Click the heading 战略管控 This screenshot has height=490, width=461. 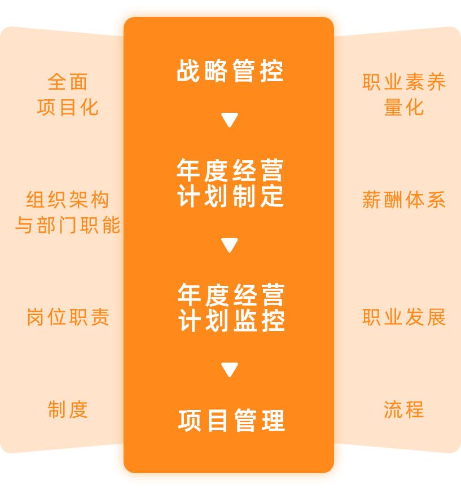[230, 71]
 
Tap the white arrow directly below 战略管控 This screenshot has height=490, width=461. [229, 120]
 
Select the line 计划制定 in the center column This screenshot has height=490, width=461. [230, 196]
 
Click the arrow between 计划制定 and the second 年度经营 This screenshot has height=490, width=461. [229, 245]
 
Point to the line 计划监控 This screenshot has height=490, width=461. [231, 320]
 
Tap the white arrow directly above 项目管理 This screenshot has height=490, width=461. [229, 370]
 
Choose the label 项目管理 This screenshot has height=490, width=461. [231, 421]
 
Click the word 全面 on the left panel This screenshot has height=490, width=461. [68, 82]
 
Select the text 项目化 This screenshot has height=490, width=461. [68, 107]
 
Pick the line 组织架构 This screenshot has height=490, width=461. [68, 200]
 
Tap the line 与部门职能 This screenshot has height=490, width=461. [68, 225]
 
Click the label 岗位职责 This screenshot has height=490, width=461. [68, 317]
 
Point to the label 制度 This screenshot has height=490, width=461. [68, 409]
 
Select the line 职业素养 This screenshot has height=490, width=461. [404, 82]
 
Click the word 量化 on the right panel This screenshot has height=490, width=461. [404, 107]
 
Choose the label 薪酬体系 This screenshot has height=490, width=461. [404, 200]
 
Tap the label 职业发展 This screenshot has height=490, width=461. [404, 317]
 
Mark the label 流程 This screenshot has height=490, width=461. [404, 409]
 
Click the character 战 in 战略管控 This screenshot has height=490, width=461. [188, 71]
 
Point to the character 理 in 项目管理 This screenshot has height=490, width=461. [274, 421]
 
